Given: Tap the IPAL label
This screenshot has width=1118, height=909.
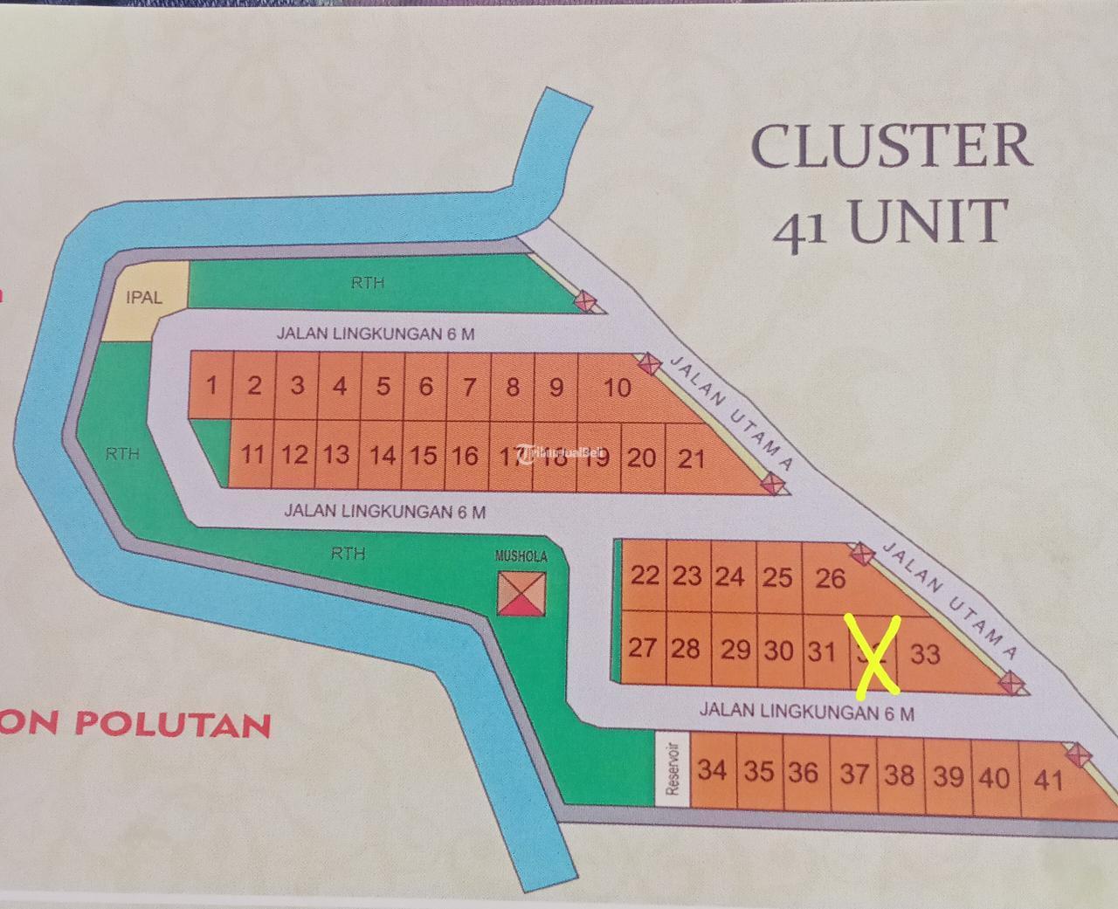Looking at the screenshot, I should point(144,298).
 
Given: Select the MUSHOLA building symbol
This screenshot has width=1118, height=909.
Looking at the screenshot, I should point(522,593).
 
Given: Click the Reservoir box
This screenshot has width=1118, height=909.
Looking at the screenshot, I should point(672,769).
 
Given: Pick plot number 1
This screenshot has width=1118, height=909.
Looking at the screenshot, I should point(211,385).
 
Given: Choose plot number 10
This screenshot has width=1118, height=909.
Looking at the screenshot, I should point(618,387).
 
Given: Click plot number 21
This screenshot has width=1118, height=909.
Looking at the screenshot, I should point(691,457).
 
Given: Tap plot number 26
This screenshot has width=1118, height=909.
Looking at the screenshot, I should point(830,578).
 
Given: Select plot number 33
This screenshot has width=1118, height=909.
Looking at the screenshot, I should point(925,653).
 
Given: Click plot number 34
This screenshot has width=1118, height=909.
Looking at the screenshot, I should point(713,770).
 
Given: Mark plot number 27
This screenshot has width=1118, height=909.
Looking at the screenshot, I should point(643,648).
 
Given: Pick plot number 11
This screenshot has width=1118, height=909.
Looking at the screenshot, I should point(252,454).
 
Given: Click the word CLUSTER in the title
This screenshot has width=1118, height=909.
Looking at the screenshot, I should point(892,146).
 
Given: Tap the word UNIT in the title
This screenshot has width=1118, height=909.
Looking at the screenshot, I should point(928,222).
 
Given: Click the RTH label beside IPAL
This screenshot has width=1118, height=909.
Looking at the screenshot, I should point(368,283).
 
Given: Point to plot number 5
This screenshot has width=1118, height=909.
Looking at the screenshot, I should point(383,386).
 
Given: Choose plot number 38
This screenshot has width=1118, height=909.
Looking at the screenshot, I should point(899,775).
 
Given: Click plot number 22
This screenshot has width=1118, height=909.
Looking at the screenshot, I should point(645,575).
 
